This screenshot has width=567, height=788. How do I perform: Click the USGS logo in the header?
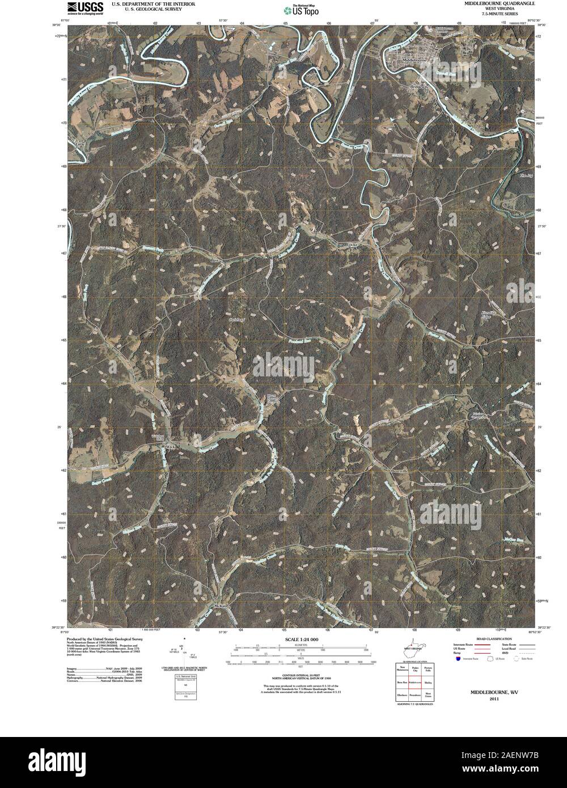pyautogui.click(x=86, y=7)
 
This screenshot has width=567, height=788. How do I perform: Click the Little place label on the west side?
pyautogui.click(x=79, y=144)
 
